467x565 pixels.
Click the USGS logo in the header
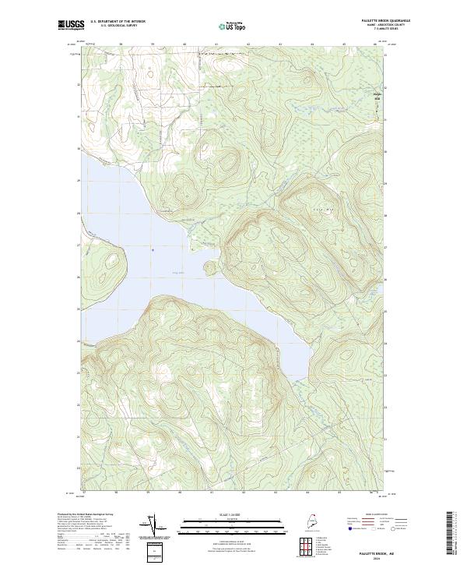71,25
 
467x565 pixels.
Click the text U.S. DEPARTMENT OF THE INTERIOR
118,21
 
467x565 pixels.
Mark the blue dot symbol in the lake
153,249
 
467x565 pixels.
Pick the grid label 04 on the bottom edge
307,493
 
